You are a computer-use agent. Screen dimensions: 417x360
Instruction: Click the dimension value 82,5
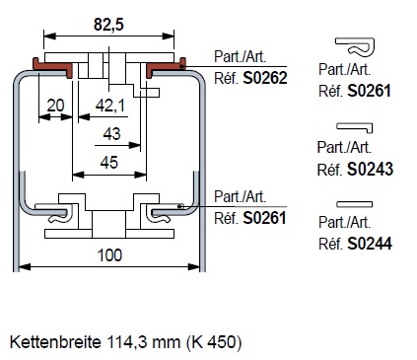tap(108, 25)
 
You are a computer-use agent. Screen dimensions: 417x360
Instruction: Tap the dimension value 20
tap(55, 106)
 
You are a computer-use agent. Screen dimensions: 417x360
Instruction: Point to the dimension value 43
tap(111, 134)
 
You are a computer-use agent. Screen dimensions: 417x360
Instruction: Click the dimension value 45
tap(109, 163)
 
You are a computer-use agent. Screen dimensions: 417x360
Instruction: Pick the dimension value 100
tap(109, 255)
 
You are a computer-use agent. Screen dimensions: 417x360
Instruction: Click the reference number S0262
tap(265, 78)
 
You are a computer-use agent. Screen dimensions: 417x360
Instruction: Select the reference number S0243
tap(370, 170)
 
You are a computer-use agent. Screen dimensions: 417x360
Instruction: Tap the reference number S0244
tap(370, 244)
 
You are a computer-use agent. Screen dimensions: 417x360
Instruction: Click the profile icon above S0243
tap(355, 126)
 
